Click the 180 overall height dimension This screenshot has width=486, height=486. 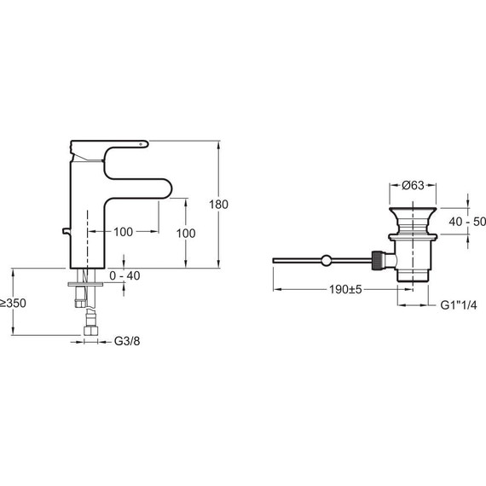(218, 205)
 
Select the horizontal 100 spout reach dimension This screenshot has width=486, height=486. (123, 232)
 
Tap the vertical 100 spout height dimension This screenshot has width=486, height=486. (186, 234)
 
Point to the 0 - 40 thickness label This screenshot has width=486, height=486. (124, 275)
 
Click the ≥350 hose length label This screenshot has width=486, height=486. (13, 304)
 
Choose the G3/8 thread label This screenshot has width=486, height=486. (127, 341)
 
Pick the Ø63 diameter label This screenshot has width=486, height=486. (413, 185)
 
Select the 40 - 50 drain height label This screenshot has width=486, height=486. (467, 222)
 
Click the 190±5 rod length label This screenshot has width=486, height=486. (345, 290)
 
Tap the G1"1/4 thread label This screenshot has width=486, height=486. (459, 305)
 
